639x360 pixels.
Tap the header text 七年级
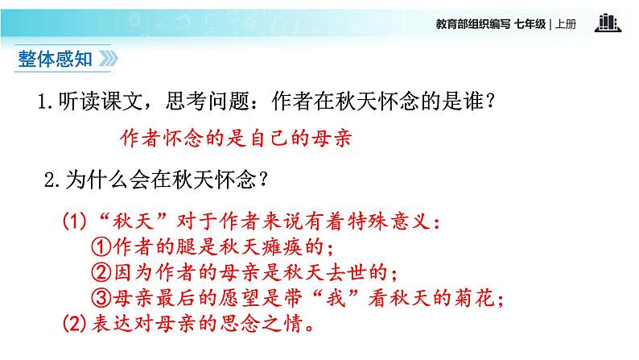coord(529,23)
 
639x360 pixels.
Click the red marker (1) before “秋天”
coord(75,221)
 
